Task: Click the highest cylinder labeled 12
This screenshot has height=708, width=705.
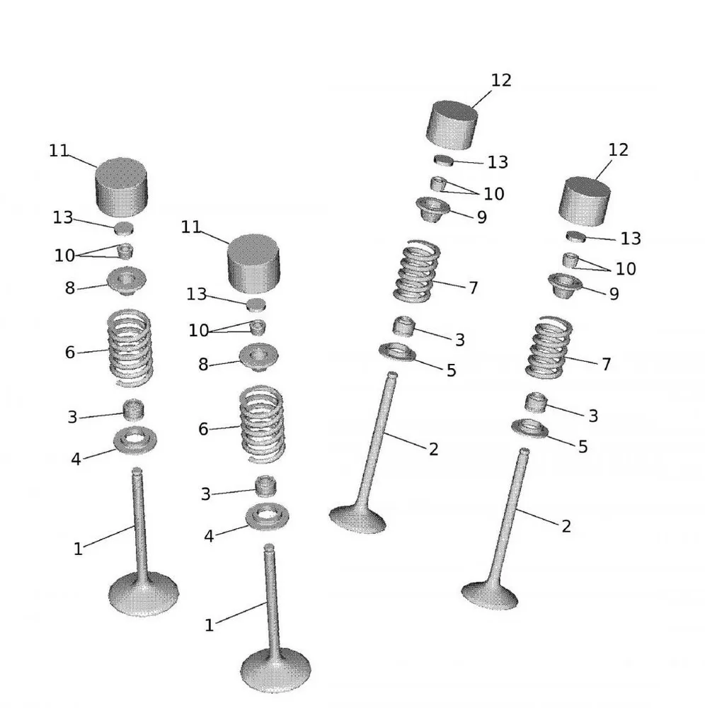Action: (452, 125)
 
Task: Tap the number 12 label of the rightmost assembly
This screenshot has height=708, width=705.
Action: (618, 150)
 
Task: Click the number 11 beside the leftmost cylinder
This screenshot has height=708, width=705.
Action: (59, 151)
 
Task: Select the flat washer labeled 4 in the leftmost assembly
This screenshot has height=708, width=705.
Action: (135, 440)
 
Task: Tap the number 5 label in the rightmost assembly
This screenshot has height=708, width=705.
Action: (583, 447)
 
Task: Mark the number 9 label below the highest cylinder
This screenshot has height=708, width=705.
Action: (481, 217)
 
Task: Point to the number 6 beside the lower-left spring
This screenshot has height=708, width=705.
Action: (203, 429)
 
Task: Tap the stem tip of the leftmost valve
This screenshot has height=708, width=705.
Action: (137, 472)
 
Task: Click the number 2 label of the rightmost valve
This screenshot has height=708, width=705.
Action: (566, 526)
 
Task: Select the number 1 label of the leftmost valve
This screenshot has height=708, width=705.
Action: (78, 549)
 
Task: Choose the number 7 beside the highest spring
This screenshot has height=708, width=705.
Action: (473, 288)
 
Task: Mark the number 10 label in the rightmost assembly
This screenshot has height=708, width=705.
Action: (625, 269)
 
